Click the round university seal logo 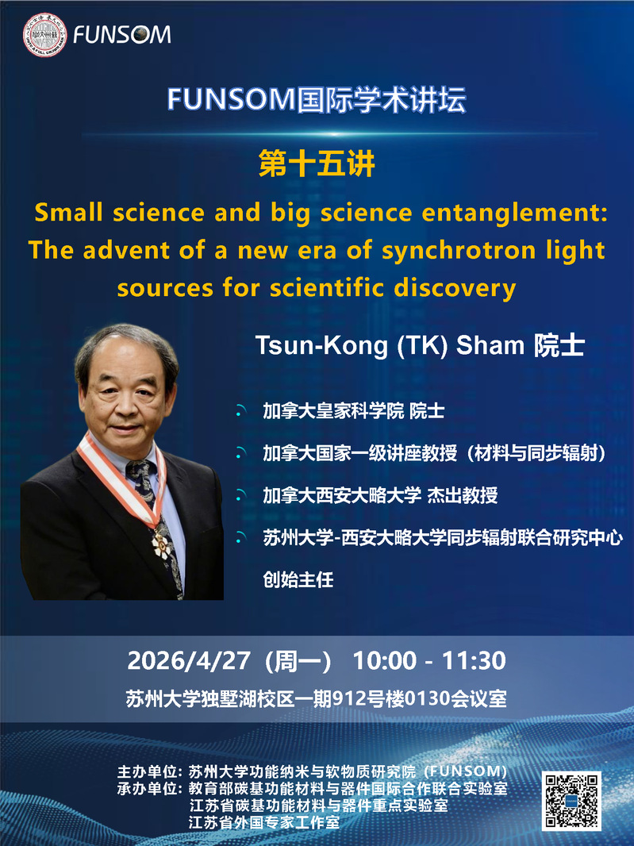44,35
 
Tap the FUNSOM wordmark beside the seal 122,35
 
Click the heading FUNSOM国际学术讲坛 316,100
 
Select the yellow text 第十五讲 317,163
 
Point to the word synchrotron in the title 459,251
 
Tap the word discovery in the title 455,288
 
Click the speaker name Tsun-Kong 321,345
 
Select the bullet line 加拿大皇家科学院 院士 353,411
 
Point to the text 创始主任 298,579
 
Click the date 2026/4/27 189,660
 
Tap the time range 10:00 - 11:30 429,660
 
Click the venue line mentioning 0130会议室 316,698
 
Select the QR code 571,801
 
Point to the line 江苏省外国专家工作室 264,822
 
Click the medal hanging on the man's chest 161,545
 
